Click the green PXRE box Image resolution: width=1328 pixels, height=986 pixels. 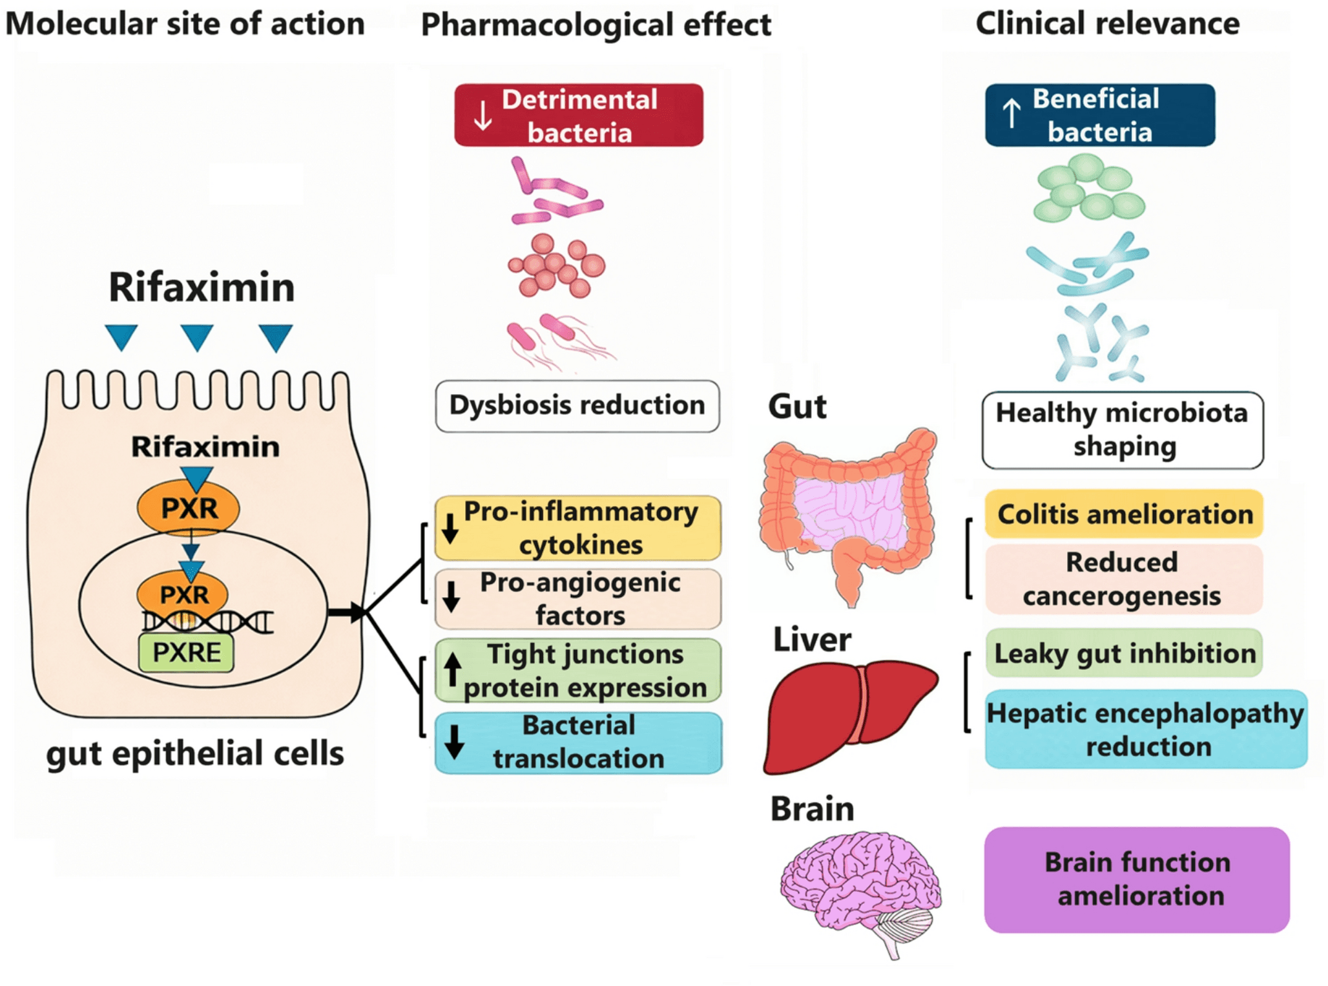pos(186,652)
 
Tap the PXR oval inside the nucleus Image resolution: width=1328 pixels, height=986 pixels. pos(183,593)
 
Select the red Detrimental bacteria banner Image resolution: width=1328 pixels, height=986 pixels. pos(578,115)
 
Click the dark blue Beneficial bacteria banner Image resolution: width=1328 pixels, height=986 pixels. pos(1099,115)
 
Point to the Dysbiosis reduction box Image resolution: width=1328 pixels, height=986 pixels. pos(577,406)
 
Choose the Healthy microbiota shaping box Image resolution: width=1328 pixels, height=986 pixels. pos(1122,430)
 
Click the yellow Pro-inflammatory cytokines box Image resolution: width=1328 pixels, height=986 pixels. pos(578,528)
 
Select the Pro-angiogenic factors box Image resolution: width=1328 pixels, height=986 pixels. pos(578,598)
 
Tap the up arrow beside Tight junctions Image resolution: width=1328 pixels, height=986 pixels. pos(453,669)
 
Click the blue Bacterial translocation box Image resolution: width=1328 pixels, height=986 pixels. pos(578,742)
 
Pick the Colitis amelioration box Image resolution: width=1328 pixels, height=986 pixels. pos(1124,514)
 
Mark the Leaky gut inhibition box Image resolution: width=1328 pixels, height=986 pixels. pos(1124,653)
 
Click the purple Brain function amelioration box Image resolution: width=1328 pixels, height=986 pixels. pos(1137,879)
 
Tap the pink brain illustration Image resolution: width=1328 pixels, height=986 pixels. pos(859,885)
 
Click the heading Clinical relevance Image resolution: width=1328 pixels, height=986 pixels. pos(1107,24)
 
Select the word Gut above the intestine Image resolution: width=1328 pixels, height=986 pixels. pos(797,406)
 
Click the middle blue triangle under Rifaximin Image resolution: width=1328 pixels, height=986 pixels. pos(197,337)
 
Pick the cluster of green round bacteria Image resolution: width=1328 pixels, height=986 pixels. pos(1088,189)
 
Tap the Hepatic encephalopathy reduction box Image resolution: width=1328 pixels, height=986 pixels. pos(1146,729)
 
